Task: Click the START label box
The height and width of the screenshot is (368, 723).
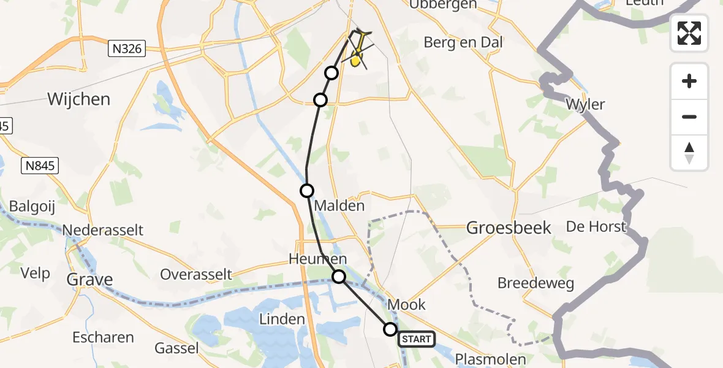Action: (417, 339)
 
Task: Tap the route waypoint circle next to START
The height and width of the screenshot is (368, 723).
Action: (390, 329)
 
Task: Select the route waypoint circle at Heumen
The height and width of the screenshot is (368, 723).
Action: (339, 277)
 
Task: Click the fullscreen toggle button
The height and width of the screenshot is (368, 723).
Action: (689, 33)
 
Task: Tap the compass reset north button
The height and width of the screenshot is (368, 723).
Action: (689, 153)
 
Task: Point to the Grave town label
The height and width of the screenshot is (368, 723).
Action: (90, 280)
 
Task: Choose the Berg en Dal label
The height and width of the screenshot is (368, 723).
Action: (463, 42)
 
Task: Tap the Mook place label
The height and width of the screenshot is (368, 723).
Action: (407, 305)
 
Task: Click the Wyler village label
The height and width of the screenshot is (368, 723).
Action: (585, 104)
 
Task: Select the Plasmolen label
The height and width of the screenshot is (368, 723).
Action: (490, 359)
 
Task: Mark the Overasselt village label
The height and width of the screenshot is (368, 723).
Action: (196, 274)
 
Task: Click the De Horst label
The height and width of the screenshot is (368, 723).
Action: (596, 226)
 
